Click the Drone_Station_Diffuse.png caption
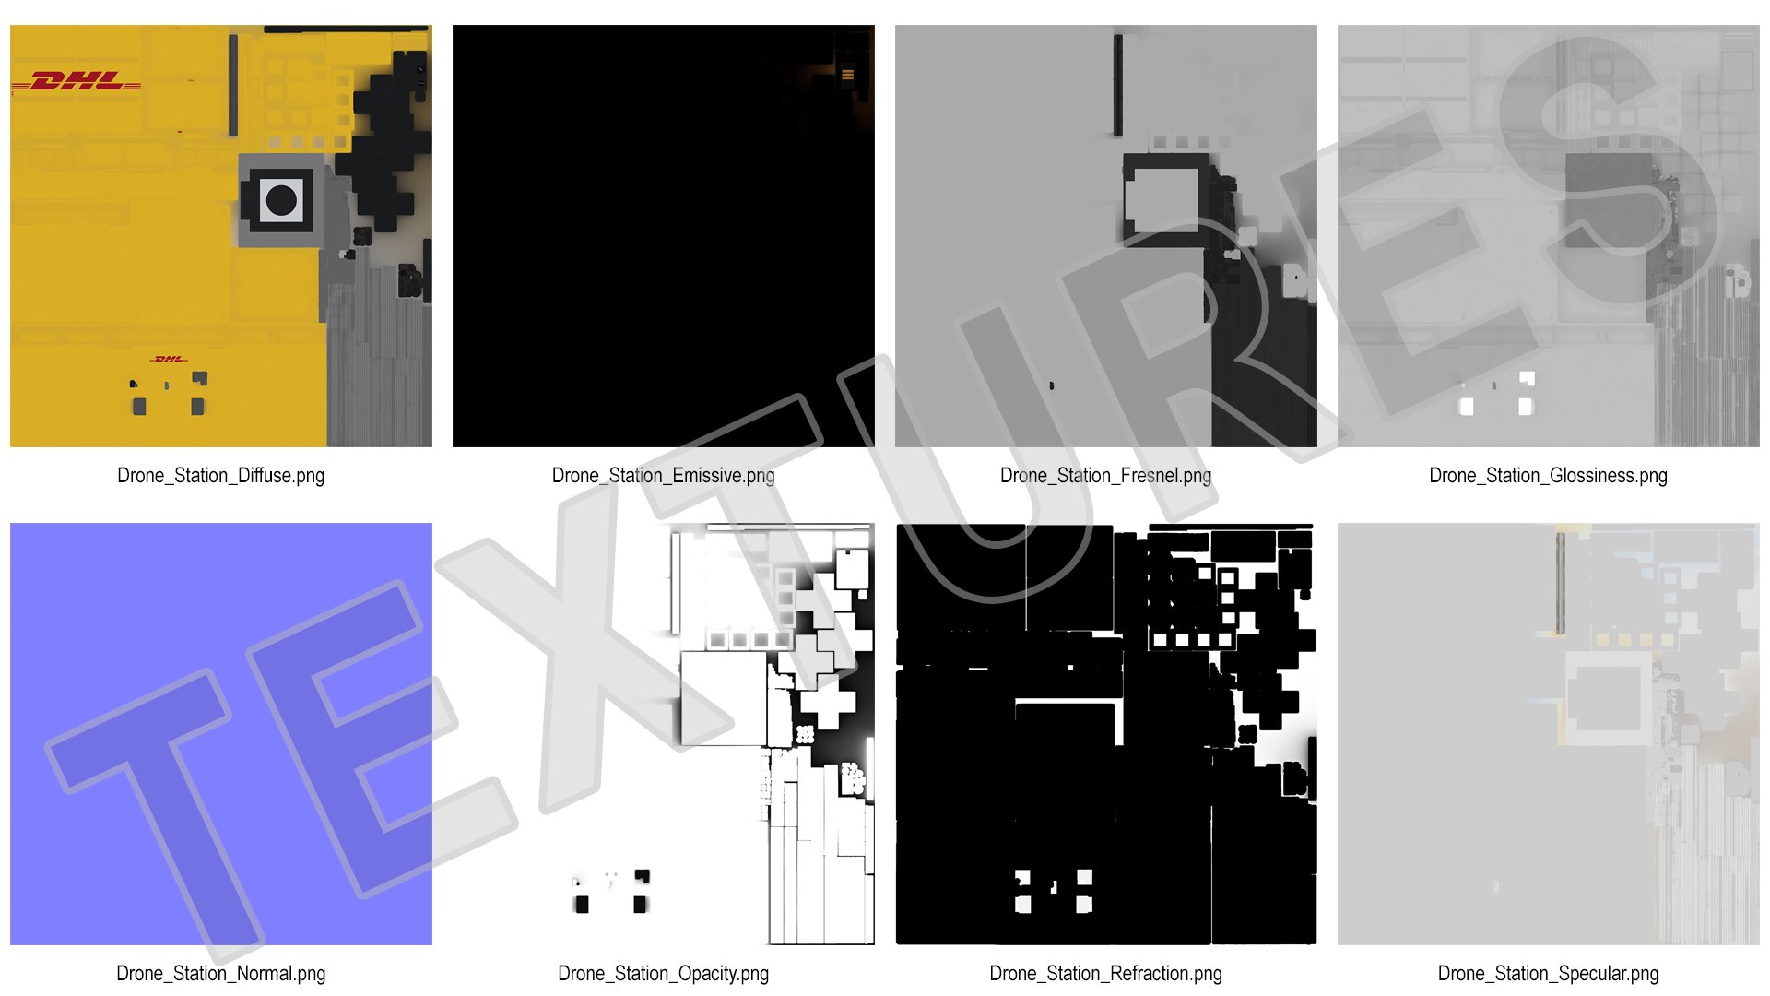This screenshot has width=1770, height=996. click(x=220, y=476)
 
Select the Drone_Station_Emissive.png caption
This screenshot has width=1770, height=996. click(x=663, y=476)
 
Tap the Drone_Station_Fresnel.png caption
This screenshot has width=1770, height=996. click(x=1105, y=476)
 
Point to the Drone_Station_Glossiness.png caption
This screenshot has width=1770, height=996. click(x=1548, y=476)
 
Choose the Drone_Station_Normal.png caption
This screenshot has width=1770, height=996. click(x=220, y=974)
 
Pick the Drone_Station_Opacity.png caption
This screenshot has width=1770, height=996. click(x=663, y=974)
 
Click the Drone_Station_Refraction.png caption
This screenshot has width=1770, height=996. click(x=1105, y=974)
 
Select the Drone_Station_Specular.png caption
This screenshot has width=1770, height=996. click(x=1548, y=974)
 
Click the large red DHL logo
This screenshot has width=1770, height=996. click(x=76, y=82)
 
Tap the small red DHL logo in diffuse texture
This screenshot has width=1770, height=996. click(x=169, y=359)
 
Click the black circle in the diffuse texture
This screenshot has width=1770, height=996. click(x=281, y=199)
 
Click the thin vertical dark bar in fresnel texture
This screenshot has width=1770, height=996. click(x=1118, y=85)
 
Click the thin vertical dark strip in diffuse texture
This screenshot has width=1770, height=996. click(x=233, y=85)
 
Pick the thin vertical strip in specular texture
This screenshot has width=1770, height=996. click(x=1560, y=583)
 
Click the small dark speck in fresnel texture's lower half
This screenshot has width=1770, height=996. click(x=1052, y=385)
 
